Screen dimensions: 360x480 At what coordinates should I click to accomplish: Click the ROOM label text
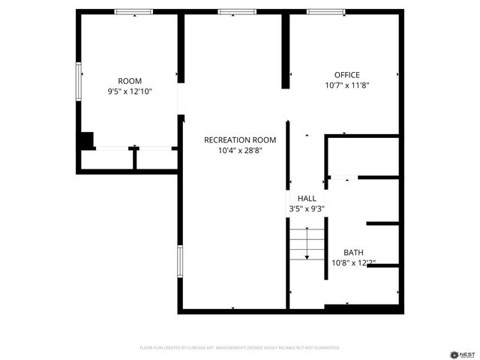click(130, 81)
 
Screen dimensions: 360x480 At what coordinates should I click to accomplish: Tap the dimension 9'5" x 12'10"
click(130, 91)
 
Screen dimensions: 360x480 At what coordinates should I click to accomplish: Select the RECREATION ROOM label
click(240, 139)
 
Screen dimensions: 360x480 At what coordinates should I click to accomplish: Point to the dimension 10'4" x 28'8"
click(240, 150)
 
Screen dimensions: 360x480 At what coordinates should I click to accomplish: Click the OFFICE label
click(347, 75)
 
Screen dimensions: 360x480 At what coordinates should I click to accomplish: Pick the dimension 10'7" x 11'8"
click(347, 85)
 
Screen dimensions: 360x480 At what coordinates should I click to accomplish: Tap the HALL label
click(307, 198)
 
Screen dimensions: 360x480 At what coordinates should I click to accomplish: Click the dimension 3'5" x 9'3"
click(307, 208)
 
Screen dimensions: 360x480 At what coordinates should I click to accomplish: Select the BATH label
click(353, 253)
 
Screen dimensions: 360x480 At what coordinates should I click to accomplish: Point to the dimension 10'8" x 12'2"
click(353, 263)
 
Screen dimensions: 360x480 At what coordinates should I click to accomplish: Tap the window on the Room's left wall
click(78, 81)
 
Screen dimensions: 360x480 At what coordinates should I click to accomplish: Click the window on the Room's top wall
click(133, 11)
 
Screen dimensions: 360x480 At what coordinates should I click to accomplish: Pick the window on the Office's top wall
click(326, 11)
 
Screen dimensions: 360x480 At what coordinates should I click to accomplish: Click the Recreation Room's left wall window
click(179, 262)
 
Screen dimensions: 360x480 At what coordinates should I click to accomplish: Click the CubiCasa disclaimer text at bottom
click(240, 348)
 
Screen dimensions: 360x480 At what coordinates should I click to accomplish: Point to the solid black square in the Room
click(86, 140)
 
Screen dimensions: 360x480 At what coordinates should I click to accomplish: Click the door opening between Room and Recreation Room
click(181, 97)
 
